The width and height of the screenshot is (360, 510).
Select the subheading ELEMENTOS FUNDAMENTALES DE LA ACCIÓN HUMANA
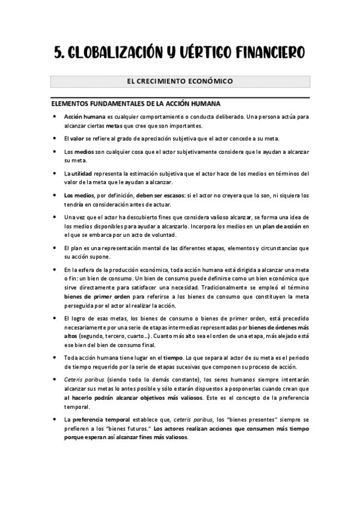(x=136, y=103)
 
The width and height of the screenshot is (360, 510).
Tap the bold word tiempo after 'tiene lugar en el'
(x=174, y=358)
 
